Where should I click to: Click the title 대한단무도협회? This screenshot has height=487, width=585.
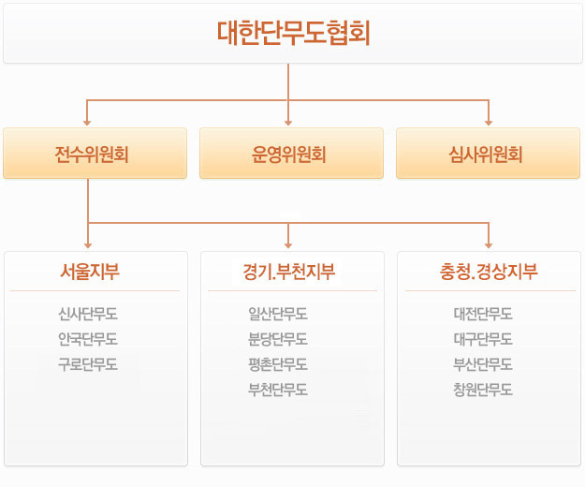pos(294,33)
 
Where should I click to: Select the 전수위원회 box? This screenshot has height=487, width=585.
pos(95,154)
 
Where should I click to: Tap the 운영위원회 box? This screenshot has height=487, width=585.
pos(291,154)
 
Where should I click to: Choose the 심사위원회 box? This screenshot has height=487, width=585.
pos(488,154)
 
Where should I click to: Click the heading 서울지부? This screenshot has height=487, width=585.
pos(90,272)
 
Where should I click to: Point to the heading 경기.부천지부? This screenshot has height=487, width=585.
pos(289,272)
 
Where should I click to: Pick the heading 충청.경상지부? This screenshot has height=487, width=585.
pos(489,272)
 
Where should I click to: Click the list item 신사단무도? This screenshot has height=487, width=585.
pos(88,314)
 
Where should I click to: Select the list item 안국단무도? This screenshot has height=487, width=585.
pos(88,339)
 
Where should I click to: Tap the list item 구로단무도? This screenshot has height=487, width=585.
pos(88,364)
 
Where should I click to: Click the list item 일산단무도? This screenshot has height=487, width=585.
pos(278,314)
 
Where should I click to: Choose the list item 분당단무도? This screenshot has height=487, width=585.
pos(278,339)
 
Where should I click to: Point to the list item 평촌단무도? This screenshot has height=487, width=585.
pos(278,364)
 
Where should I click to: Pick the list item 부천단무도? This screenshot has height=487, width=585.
pos(278,390)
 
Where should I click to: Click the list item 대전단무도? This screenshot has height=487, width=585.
pos(483,314)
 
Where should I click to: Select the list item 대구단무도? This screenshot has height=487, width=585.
pos(483,339)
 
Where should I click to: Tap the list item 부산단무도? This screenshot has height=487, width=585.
pos(483,364)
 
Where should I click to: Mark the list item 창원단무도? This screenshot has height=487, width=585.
pos(483,390)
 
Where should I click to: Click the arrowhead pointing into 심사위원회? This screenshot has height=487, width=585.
pos(489,123)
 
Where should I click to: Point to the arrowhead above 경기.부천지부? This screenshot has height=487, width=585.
pos(288,245)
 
